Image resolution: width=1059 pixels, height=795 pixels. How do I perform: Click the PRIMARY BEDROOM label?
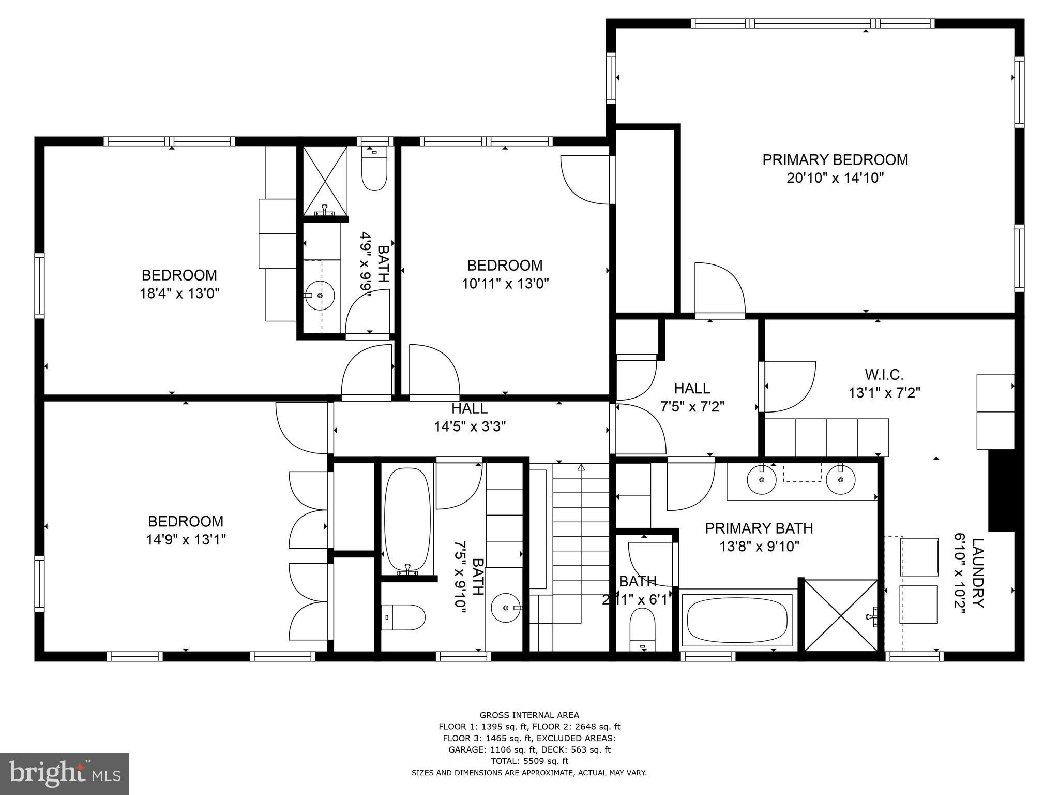[x=835, y=160]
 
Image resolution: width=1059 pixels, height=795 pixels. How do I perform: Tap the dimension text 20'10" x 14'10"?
[x=835, y=179]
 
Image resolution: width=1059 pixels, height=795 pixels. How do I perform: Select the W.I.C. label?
[x=884, y=374]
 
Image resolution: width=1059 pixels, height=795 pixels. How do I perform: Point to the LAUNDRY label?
[x=977, y=573]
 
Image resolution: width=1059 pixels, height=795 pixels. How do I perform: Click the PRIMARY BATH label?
[x=759, y=528]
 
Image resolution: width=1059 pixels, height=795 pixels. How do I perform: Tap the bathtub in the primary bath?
[x=737, y=620]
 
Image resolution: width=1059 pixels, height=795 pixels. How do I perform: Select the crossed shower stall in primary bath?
[x=841, y=615]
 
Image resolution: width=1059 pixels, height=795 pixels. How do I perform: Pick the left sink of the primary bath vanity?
[x=762, y=479]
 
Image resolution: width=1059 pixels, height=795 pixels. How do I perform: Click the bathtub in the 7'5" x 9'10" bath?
[x=408, y=519]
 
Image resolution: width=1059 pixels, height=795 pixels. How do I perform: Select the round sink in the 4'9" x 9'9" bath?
[x=320, y=296]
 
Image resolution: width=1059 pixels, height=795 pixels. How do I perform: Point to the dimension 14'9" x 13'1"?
[x=186, y=540]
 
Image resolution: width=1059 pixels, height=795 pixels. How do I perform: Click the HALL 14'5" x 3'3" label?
[x=469, y=417]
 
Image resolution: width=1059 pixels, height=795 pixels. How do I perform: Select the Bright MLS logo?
[x=65, y=774]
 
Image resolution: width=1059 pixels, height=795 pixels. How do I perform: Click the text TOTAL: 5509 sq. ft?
[x=529, y=761]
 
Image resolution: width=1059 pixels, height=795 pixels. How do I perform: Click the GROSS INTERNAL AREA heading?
[x=529, y=715]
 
